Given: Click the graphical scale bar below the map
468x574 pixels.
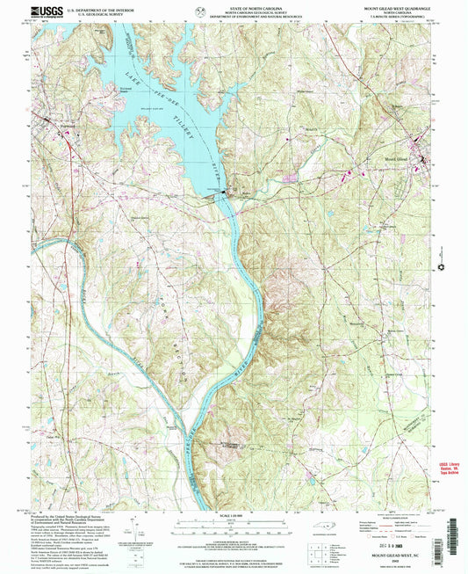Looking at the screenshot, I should click(234, 528).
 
